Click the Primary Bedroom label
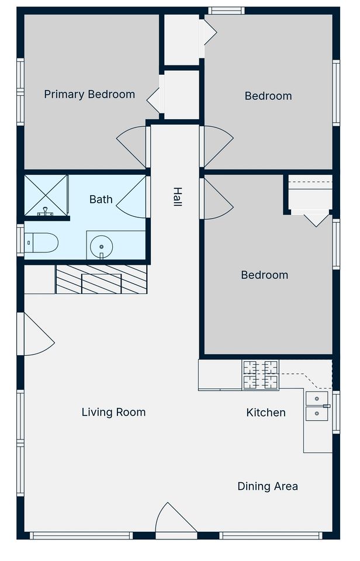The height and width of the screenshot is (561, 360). (89, 95)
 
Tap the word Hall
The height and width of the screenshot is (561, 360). (178, 197)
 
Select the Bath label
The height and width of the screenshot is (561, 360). (101, 199)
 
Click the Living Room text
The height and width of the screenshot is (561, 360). (113, 412)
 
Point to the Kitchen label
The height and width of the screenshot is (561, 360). (266, 413)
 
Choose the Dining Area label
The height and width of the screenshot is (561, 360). (268, 486)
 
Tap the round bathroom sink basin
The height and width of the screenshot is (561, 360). (102, 247)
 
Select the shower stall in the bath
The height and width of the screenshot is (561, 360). (46, 195)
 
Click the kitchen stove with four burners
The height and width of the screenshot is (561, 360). (261, 375)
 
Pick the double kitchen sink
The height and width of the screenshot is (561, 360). (317, 406)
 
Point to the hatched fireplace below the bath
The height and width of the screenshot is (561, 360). (101, 279)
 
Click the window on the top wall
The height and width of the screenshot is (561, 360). (227, 11)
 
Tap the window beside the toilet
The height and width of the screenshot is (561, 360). (20, 240)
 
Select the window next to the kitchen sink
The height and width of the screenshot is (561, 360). (336, 412)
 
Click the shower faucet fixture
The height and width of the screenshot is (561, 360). (45, 212)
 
